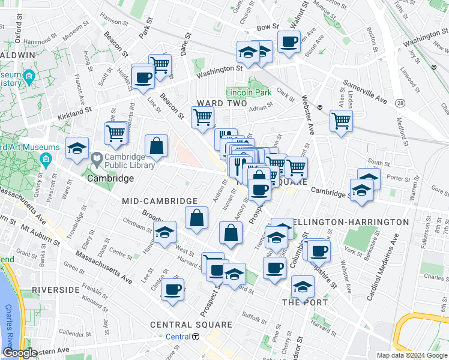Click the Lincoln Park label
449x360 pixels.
pos(249,92)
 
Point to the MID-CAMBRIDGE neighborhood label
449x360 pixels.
pos(160,201)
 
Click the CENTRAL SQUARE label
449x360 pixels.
pos(191,325)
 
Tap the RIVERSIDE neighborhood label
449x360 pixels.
pos(56,290)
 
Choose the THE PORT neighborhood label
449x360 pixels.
pos(305,302)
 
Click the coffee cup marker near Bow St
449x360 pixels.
pos(289,42)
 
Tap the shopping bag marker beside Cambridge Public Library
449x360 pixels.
pos(156,145)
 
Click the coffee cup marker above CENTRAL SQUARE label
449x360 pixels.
pos(173,289)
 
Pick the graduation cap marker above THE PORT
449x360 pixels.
pos(303,286)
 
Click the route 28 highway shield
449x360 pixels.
pos(399,104)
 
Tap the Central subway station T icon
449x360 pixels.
pos(196,337)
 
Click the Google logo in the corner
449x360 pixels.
pos(20,353)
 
